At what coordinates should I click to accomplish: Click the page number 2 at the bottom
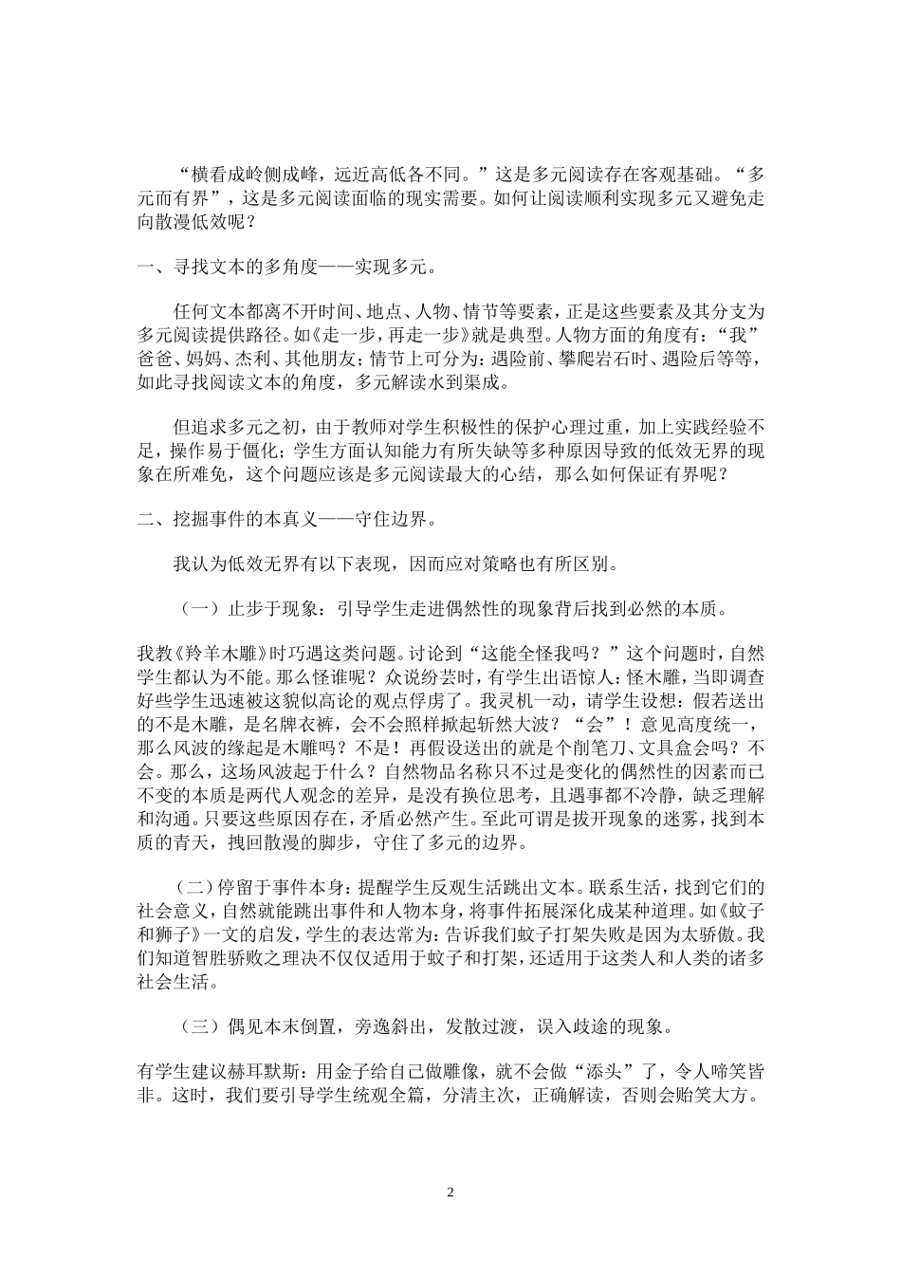tap(450, 1192)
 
